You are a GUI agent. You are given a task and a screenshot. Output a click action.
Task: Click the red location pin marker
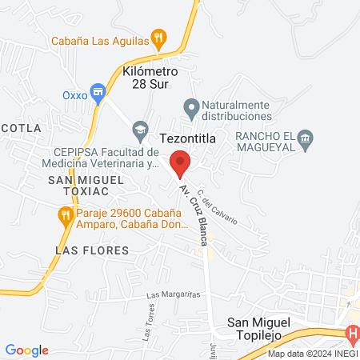[x=180, y=163]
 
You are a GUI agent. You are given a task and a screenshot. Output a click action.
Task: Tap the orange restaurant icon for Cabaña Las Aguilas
[x=159, y=38]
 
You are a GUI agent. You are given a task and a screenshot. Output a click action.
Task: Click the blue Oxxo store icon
[x=98, y=93]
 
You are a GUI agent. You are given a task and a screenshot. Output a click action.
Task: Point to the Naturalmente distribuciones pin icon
[x=190, y=106]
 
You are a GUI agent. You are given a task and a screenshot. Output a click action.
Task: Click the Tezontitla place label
[x=188, y=138]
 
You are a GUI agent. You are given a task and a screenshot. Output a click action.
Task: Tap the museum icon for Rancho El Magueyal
[x=305, y=141]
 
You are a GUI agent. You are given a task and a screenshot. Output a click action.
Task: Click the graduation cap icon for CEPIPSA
[x=141, y=128]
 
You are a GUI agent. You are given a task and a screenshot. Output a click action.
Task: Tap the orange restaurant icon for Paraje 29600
[x=64, y=214]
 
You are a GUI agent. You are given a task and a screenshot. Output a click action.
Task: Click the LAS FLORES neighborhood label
[x=82, y=250]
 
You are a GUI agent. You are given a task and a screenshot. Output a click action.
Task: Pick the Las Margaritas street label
[x=173, y=294]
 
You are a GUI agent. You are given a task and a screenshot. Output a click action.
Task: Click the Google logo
[x=26, y=350]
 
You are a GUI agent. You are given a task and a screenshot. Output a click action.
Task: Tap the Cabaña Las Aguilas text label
[x=100, y=39]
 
